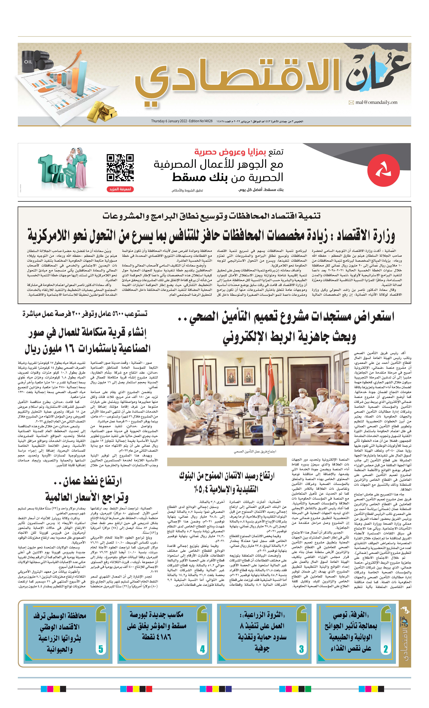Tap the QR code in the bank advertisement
click(120, 168)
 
